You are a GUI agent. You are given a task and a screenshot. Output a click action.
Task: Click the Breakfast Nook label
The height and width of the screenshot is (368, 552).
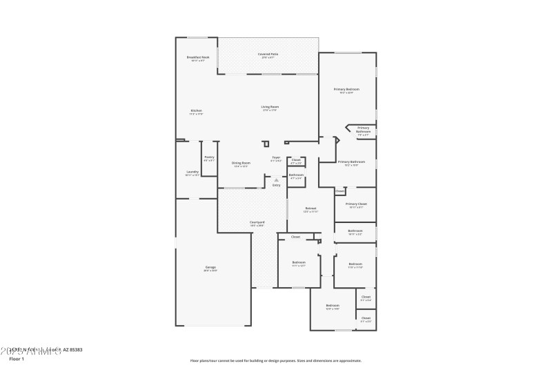click(x=198, y=57)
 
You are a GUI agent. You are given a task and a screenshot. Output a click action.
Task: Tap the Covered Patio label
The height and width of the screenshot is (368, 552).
click(x=268, y=54)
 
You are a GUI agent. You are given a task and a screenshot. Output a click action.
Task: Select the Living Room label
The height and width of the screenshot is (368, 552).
click(x=270, y=107)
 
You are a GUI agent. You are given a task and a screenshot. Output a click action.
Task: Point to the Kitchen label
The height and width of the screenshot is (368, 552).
click(x=197, y=110)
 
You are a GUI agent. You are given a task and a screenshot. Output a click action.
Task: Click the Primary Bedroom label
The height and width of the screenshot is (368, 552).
click(x=346, y=90)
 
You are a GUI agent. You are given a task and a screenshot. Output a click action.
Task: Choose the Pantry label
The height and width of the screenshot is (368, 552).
click(x=209, y=157)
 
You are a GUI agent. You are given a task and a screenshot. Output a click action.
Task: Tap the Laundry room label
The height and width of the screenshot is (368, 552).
click(x=193, y=172)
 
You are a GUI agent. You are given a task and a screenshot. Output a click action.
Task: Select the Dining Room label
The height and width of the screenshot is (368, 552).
click(x=241, y=163)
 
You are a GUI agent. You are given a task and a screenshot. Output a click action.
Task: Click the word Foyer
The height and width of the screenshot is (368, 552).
click(x=276, y=157)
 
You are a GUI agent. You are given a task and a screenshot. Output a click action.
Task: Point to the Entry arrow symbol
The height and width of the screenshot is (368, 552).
click(x=276, y=180)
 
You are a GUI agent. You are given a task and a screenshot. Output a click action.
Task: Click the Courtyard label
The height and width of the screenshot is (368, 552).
click(x=257, y=222)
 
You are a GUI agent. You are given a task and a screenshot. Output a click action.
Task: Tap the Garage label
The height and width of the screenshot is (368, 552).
click(x=210, y=267)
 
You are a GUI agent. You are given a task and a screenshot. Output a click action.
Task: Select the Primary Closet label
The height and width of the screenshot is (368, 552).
click(x=356, y=204)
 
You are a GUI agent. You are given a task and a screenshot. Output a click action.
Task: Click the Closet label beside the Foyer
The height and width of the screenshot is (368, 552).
click(x=296, y=159)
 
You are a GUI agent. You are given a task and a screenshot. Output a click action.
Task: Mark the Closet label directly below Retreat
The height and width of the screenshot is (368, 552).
click(x=295, y=237)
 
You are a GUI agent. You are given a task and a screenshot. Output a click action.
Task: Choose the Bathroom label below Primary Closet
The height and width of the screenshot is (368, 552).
click(x=355, y=231)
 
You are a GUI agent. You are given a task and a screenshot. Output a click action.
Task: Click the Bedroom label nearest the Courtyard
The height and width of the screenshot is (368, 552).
click(x=299, y=262)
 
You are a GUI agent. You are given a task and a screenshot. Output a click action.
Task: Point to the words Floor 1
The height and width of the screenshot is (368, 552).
click(x=17, y=359)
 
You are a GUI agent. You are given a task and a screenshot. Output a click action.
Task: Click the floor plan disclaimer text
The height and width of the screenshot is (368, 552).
click(x=275, y=360)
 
